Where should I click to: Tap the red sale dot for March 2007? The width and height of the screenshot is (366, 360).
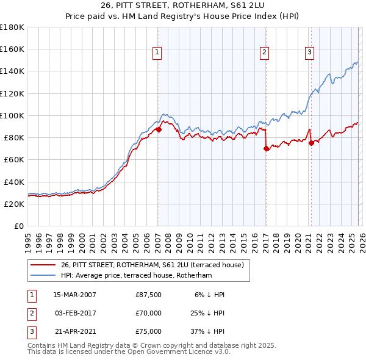click(159, 129)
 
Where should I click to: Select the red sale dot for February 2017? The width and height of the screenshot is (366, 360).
click(266, 148)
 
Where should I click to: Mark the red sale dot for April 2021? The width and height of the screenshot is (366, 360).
click(311, 143)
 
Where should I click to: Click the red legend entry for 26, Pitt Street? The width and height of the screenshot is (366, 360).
click(152, 265)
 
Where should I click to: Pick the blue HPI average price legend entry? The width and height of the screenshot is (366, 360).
click(136, 276)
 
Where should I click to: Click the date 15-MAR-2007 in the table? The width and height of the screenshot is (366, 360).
click(74, 295)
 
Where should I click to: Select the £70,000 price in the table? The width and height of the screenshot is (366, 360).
click(148, 313)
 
